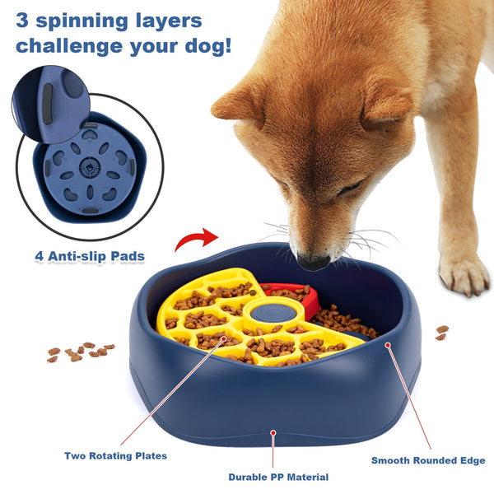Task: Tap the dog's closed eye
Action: click(x=350, y=189)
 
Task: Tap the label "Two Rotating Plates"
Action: click(x=115, y=455)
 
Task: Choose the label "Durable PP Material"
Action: click(x=278, y=477)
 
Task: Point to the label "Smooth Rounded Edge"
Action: click(x=428, y=460)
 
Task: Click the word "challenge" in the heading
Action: click(x=72, y=45)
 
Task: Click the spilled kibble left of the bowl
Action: click(x=79, y=352)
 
